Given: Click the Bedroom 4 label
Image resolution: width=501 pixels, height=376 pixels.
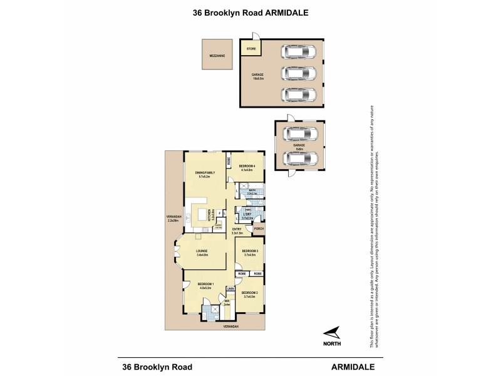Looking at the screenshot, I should [245, 166].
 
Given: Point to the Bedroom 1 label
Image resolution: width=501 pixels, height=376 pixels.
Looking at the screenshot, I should [206, 284].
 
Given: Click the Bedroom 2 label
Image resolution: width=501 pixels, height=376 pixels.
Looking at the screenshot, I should [249, 293].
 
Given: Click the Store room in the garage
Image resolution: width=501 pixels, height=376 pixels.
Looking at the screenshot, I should [250, 48].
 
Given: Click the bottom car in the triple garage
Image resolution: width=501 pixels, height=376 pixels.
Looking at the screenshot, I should [299, 94].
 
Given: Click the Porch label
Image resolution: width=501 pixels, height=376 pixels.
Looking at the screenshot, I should [259, 229].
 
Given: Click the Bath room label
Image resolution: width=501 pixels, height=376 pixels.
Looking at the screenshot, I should [252, 191].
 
